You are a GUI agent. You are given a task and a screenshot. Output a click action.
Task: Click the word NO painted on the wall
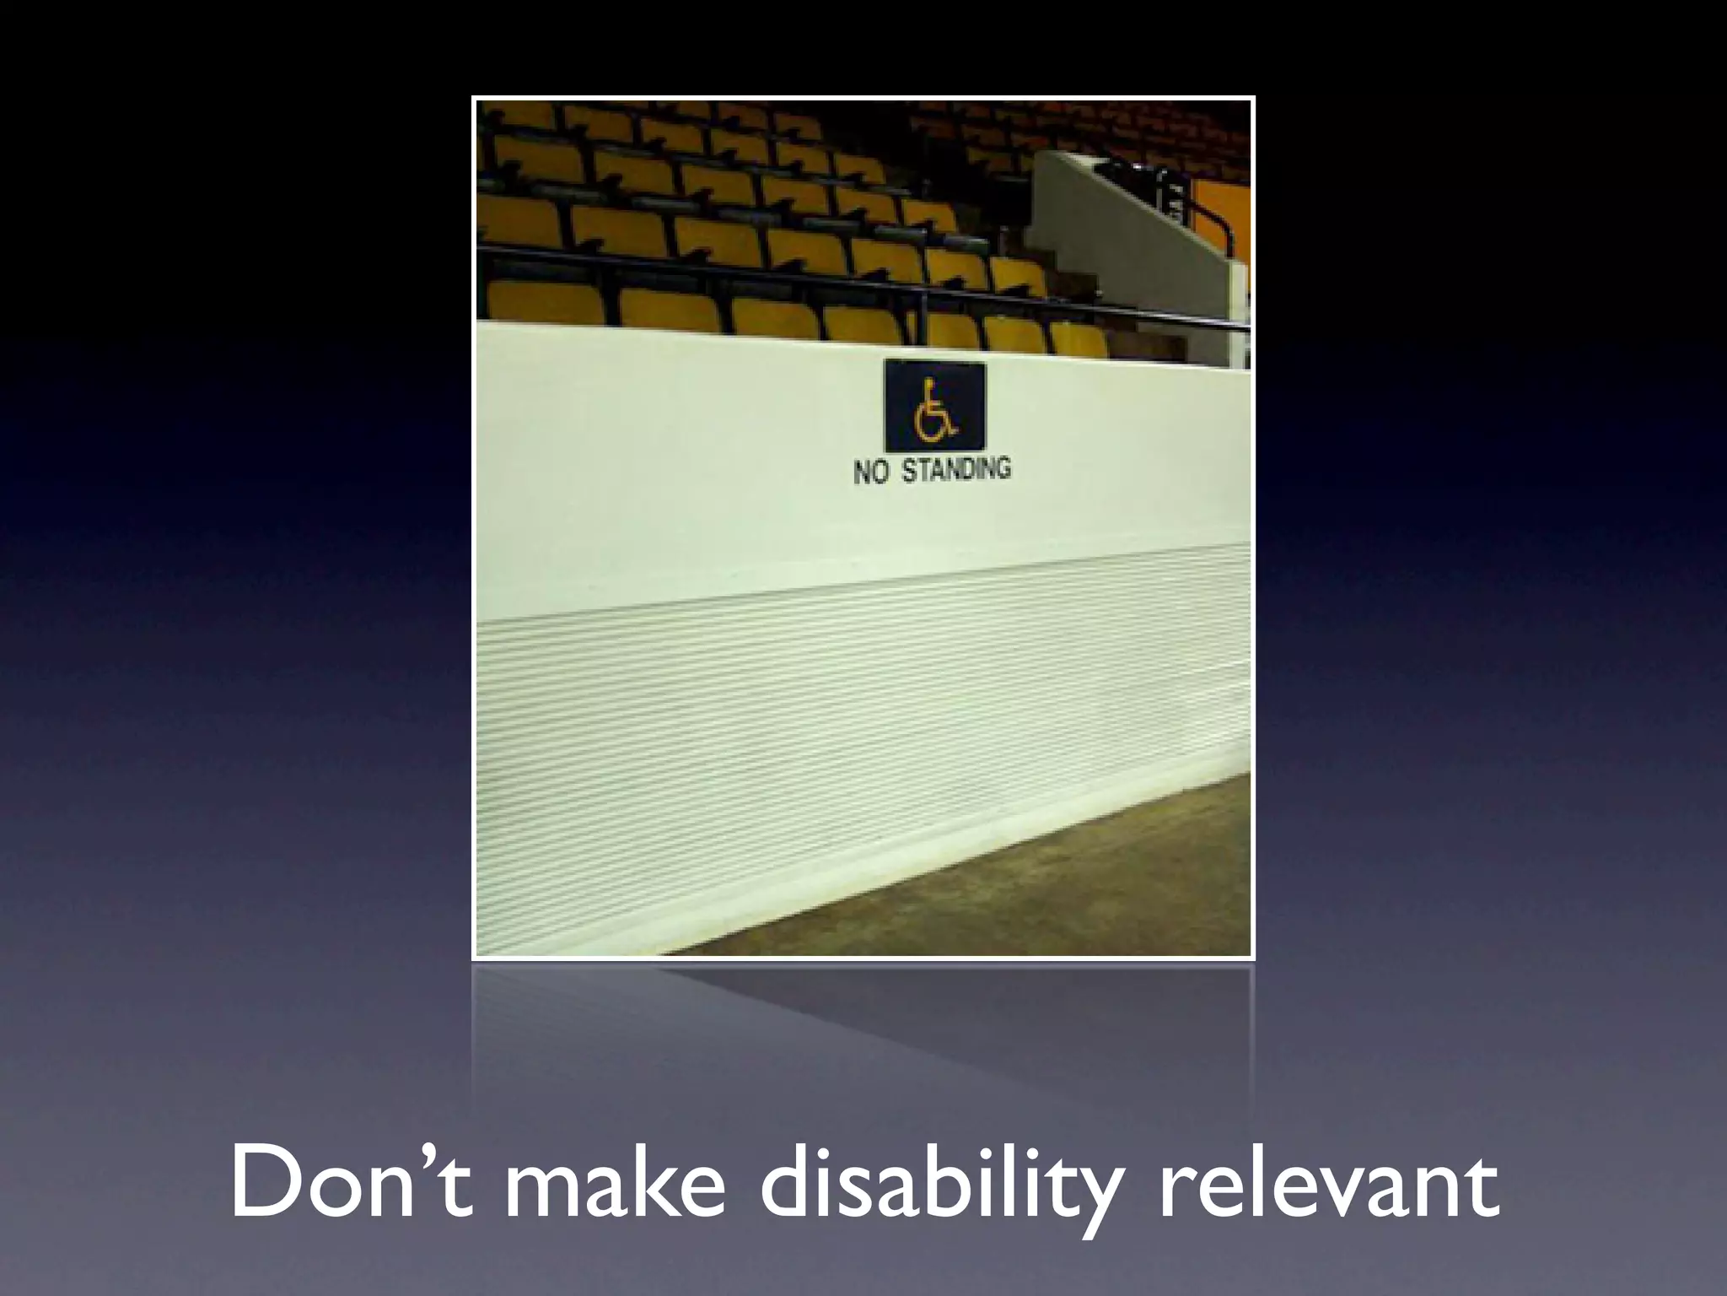click(872, 472)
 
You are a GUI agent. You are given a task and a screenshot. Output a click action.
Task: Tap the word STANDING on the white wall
click(956, 469)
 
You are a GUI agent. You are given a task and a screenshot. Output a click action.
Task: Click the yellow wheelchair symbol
click(934, 412)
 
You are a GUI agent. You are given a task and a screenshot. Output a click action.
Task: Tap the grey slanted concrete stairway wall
click(1122, 228)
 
